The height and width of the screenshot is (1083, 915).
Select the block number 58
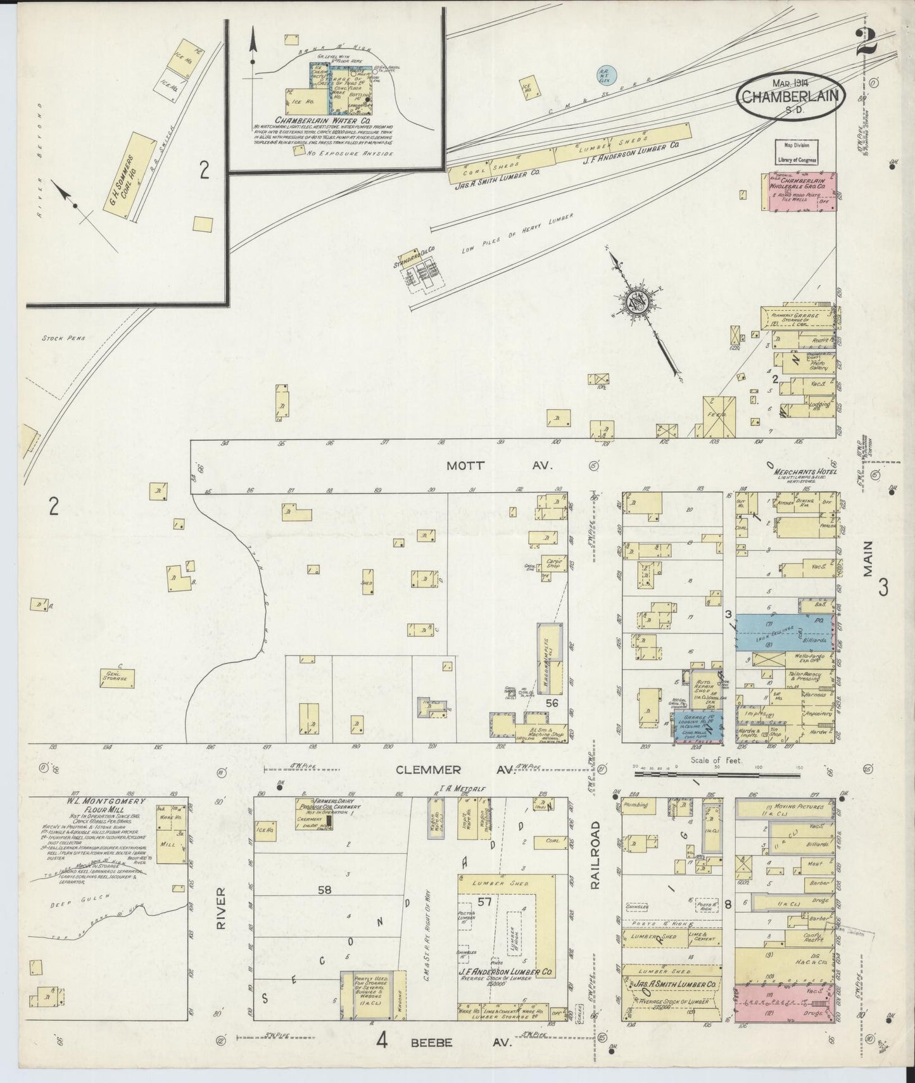(x=324, y=890)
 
